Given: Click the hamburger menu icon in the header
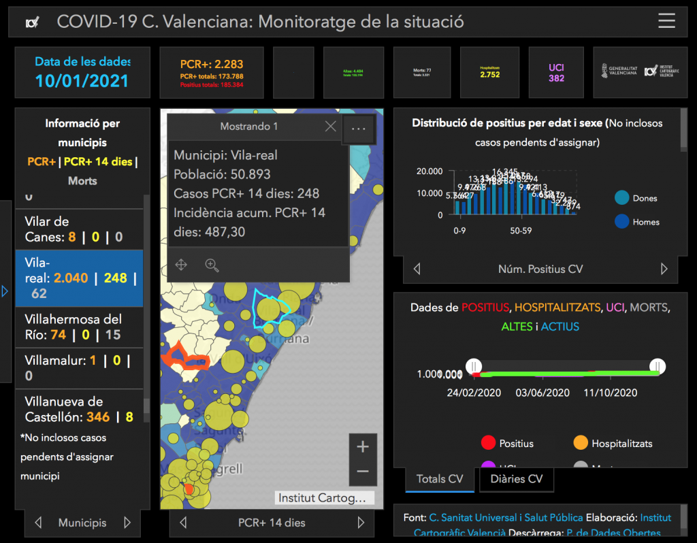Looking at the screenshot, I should [x=666, y=21].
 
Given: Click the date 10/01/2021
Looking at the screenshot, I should [x=82, y=80].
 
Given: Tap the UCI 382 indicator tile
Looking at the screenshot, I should [x=556, y=73].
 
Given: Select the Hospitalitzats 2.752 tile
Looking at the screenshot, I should [x=490, y=71].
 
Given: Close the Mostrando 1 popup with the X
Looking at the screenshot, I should [x=330, y=127].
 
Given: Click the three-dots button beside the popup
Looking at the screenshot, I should [x=359, y=128].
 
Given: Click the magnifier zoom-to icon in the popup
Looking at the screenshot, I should [x=212, y=265].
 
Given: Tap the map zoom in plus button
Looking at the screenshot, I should [x=362, y=447].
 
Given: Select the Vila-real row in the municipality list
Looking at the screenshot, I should [x=79, y=278].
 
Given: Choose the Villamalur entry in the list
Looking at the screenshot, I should [x=79, y=367].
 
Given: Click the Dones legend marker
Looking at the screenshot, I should [x=621, y=198].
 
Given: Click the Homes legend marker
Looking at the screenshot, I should [x=621, y=222].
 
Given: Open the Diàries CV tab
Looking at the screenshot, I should [x=516, y=479].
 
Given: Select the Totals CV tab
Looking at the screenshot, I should [x=439, y=479].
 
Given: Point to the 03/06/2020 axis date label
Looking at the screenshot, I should [x=542, y=393].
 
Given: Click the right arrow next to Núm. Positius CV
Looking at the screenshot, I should [x=664, y=269].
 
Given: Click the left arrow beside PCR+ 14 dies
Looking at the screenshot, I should [x=183, y=523].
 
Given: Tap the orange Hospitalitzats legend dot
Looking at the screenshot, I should [x=580, y=443].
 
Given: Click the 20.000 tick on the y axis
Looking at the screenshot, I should [x=430, y=171].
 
